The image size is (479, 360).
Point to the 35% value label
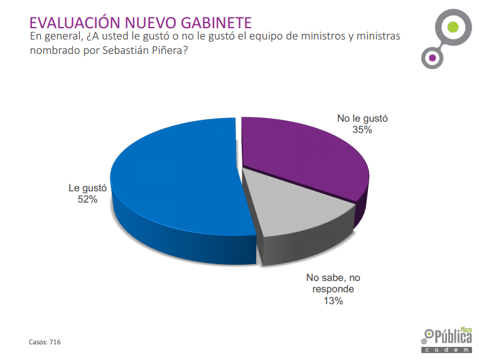(x=363, y=130)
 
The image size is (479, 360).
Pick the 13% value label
(x=333, y=301)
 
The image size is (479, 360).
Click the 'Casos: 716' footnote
(x=45, y=342)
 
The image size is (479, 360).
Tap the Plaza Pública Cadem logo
(x=448, y=339)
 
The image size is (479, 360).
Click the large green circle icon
(x=452, y=27)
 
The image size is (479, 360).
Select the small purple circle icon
(x=431, y=58)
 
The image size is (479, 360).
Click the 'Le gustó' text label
(x=88, y=188)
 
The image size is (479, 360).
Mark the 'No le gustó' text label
(x=363, y=118)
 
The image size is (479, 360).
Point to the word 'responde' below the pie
(x=333, y=289)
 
